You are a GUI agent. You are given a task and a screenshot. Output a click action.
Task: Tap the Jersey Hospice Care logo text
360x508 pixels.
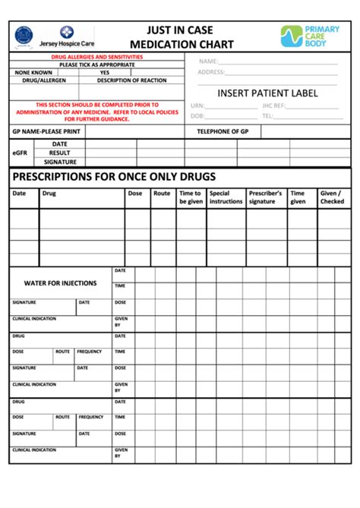(67, 46)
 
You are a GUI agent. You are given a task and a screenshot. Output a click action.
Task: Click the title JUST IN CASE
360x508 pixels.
(181, 30)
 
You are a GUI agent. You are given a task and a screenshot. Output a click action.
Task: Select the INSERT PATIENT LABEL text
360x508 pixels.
(267, 93)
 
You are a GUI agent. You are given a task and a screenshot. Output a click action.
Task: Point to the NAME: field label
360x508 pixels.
(209, 62)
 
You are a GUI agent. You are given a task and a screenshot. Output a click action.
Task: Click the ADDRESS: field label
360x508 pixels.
(211, 72)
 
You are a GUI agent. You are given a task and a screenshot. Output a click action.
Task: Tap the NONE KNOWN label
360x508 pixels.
(33, 72)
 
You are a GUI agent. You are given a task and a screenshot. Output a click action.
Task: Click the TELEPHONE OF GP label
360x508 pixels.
(223, 131)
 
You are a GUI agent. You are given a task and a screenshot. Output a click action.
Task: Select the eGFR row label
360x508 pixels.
(20, 153)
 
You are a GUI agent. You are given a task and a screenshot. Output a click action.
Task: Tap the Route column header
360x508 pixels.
(162, 194)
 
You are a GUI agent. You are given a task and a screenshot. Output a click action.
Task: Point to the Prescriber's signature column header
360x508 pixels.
(265, 197)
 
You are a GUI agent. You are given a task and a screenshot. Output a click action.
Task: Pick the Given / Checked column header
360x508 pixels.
(331, 197)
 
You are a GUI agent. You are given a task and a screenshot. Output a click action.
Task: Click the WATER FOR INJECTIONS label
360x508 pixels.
(60, 283)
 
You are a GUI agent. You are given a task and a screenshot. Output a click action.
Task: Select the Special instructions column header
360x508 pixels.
(226, 197)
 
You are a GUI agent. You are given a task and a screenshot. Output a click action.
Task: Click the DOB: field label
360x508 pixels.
(197, 116)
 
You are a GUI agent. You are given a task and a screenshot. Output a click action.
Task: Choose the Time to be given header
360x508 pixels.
(190, 197)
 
